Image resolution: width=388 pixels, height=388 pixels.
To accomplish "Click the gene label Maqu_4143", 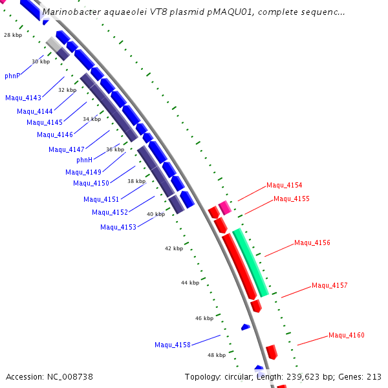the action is click(x=23, y=98).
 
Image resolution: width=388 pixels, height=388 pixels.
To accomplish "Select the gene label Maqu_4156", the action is click(x=312, y=243).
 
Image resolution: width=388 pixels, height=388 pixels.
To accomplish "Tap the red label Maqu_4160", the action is click(x=347, y=335).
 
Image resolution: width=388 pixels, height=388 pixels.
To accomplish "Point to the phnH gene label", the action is click(x=85, y=160).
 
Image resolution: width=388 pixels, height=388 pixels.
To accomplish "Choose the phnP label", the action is click(x=12, y=76).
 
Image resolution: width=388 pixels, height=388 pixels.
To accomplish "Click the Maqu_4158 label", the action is click(x=173, y=345).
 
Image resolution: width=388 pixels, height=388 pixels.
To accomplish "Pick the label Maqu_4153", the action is click(x=118, y=227).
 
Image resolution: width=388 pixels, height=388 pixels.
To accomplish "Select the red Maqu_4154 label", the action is click(x=285, y=185).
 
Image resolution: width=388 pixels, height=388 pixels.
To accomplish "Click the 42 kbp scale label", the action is click(x=173, y=248).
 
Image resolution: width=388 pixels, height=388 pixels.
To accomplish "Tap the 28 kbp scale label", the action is click(x=13, y=36).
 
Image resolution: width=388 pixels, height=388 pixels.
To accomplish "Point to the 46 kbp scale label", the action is click(x=204, y=318).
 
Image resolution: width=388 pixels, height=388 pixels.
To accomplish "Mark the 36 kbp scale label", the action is click(x=115, y=149).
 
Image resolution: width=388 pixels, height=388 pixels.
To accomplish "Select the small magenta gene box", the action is click(x=224, y=208).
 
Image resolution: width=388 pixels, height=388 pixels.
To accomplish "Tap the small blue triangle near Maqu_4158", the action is click(x=246, y=327).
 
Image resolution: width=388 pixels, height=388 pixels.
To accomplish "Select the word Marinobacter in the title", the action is click(x=72, y=12).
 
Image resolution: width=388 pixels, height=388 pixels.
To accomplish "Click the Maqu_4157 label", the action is click(x=330, y=285).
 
